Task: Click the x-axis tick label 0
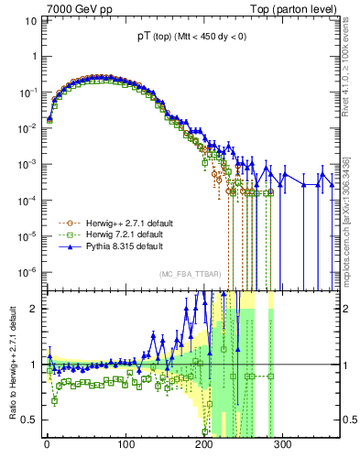click(x=47, y=444)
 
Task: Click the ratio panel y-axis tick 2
click(x=34, y=308)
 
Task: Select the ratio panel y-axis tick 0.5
click(x=30, y=420)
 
